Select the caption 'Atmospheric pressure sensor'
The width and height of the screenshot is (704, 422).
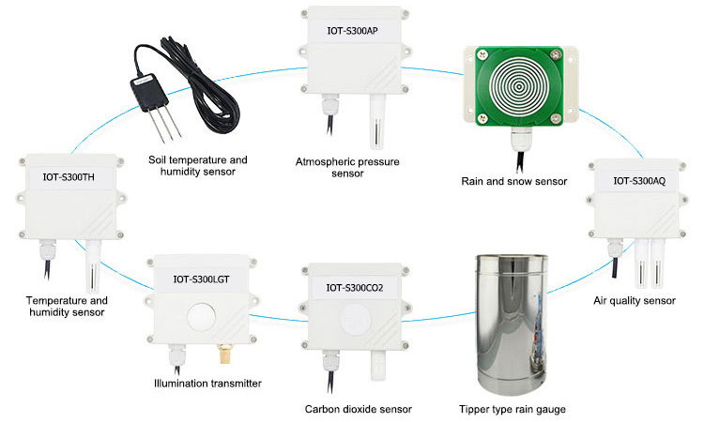coord(346,168)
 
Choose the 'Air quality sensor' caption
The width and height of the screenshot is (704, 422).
coord(634,301)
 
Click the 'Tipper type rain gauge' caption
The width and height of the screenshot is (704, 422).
coord(513,409)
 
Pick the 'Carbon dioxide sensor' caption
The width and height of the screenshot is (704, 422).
coord(358,409)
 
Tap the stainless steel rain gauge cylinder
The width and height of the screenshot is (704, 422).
coord(513,324)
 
